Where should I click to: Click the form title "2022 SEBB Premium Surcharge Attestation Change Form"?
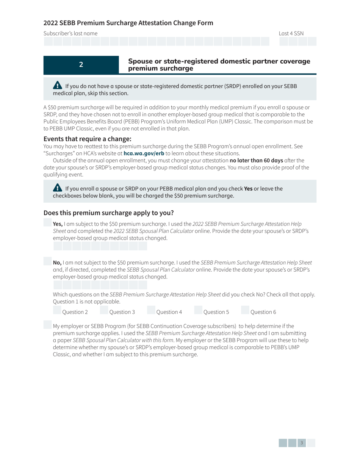point(128,23)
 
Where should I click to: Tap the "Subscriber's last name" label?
point(70,33)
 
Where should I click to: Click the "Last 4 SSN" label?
point(291,33)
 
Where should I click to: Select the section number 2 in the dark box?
point(81,64)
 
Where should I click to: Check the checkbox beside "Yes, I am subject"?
point(47,223)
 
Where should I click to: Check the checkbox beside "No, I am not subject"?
point(47,261)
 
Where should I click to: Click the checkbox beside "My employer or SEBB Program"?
point(47,325)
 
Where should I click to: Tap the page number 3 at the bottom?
point(302,443)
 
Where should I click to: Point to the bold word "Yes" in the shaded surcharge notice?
point(248,189)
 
